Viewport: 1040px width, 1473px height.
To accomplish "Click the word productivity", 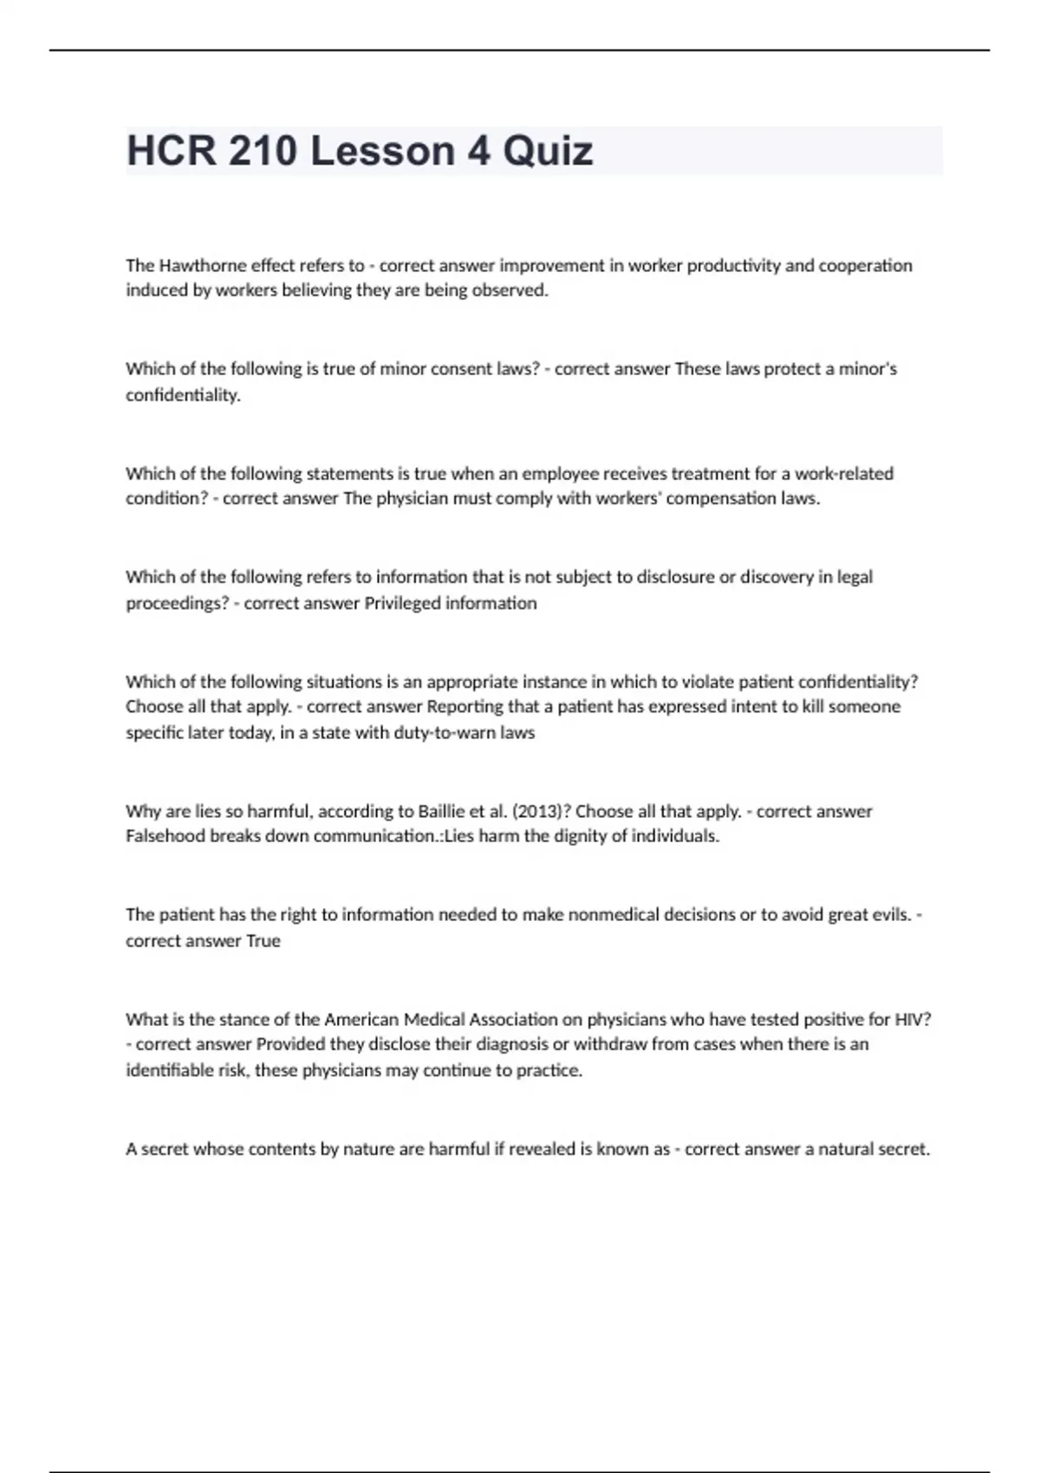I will (x=733, y=265).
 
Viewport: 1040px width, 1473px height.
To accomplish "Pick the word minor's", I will (x=868, y=369).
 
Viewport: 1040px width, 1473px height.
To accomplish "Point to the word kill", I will (x=812, y=707).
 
